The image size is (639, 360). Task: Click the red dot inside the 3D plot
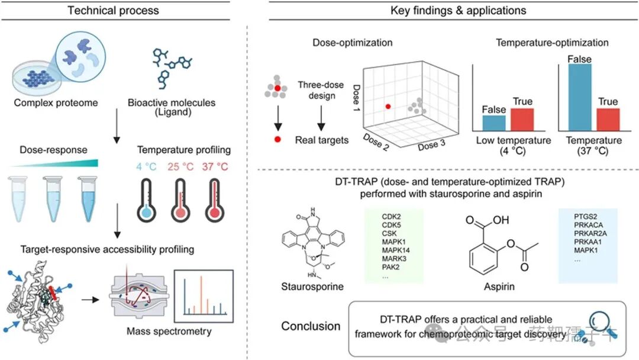coord(388,107)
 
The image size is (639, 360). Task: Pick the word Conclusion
coord(311,326)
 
